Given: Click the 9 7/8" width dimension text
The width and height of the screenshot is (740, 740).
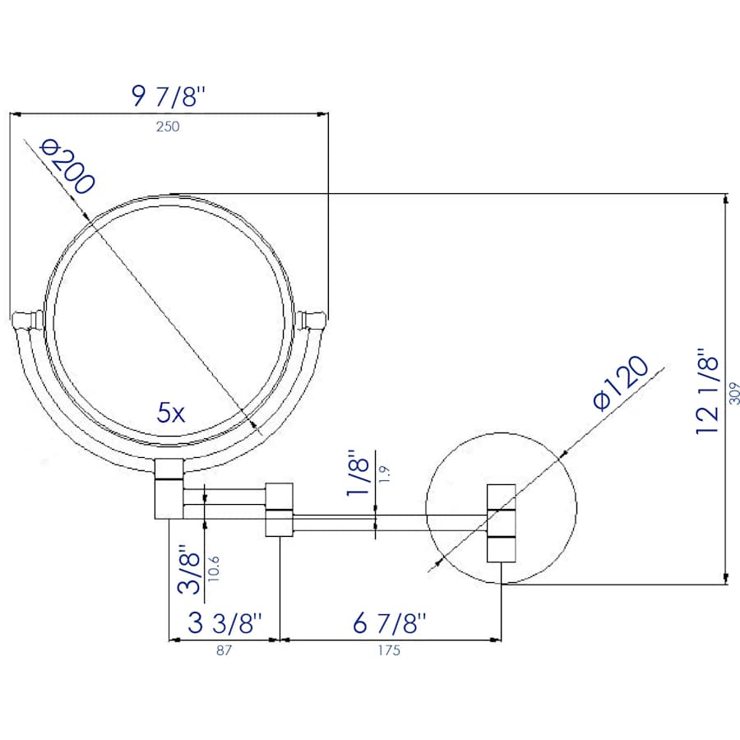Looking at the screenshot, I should tap(168, 96).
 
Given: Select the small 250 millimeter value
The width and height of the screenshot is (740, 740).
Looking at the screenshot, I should tap(168, 127).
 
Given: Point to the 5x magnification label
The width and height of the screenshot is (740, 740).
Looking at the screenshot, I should tap(171, 413).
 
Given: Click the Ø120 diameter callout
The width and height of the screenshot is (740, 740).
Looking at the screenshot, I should tap(621, 383).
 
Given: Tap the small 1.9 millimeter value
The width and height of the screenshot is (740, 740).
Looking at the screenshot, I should tap(384, 473).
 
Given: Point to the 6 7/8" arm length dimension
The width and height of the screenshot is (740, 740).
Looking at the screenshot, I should tap(391, 624).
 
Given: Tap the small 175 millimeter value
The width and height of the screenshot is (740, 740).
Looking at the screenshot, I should tap(390, 650).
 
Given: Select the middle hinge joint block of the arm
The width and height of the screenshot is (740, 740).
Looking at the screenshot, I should tap(280, 509).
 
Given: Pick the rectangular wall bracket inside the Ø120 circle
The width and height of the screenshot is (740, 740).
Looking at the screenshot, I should tap(501, 523).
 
